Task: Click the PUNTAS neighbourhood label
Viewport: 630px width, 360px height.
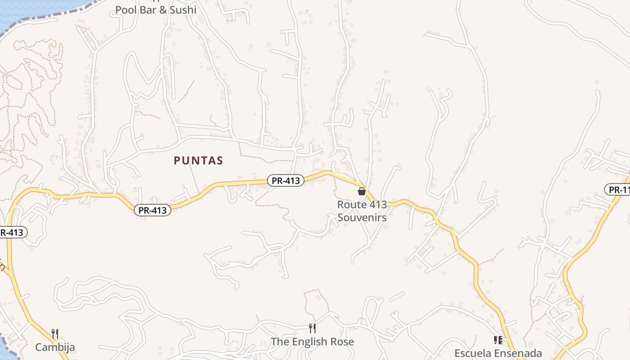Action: coord(198,161)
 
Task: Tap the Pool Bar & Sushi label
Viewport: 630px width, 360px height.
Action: coord(156,9)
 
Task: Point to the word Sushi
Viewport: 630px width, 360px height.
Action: coord(183,9)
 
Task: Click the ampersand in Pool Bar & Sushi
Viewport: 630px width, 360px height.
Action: coord(162,9)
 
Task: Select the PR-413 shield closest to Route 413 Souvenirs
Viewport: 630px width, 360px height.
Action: coord(286,180)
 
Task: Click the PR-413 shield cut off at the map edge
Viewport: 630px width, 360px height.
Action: coord(13,233)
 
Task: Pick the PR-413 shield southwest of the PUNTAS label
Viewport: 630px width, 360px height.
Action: coord(153,210)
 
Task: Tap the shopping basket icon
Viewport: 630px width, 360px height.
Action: coord(361,191)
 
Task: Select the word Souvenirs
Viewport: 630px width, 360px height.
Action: coord(362,217)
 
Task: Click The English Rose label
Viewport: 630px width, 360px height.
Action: coord(312,342)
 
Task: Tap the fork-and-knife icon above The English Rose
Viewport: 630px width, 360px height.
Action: coord(312,328)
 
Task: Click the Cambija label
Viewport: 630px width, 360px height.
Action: coord(55,347)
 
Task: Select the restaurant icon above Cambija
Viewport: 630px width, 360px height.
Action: coord(55,333)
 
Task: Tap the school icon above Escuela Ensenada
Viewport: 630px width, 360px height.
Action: coord(498,340)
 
